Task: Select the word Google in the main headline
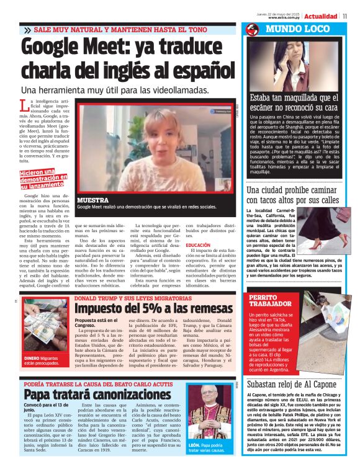coord(58,48)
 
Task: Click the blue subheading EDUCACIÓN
coord(199,245)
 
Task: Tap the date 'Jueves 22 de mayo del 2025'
coord(279,13)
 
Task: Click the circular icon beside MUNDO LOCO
coord(252,30)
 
